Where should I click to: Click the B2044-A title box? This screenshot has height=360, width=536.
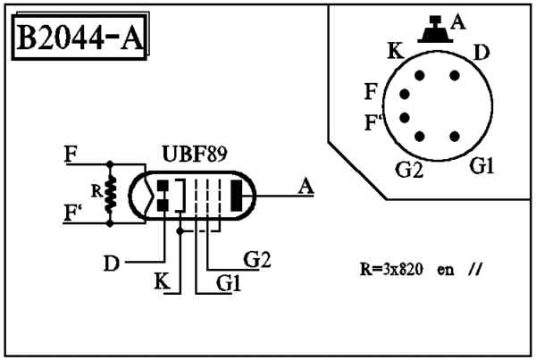(x=80, y=37)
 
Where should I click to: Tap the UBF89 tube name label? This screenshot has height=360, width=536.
(x=195, y=155)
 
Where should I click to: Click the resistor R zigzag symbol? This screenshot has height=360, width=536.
(x=110, y=194)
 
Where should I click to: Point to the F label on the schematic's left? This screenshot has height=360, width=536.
(x=71, y=155)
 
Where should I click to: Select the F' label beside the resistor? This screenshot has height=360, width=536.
(x=73, y=213)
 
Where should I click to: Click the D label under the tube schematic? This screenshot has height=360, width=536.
(x=112, y=264)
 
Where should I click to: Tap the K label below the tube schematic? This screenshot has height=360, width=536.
(x=162, y=281)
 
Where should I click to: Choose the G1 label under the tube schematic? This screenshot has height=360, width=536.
(x=229, y=283)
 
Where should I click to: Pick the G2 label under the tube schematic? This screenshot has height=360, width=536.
(x=256, y=259)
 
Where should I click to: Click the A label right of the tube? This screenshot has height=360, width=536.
(x=306, y=187)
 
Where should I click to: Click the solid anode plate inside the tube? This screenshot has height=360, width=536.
(x=237, y=196)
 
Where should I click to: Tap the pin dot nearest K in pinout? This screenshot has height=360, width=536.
(x=420, y=76)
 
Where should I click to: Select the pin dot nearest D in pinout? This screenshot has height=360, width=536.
(x=455, y=76)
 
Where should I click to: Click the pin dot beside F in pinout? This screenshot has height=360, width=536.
(x=405, y=94)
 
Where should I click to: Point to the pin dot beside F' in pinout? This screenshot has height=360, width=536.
(x=405, y=118)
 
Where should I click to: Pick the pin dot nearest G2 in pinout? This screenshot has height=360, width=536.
(x=420, y=137)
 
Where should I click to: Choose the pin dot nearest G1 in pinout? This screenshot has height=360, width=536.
(x=455, y=137)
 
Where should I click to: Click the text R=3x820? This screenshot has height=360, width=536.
(x=391, y=270)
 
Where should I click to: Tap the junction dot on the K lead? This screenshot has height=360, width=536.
(x=180, y=231)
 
